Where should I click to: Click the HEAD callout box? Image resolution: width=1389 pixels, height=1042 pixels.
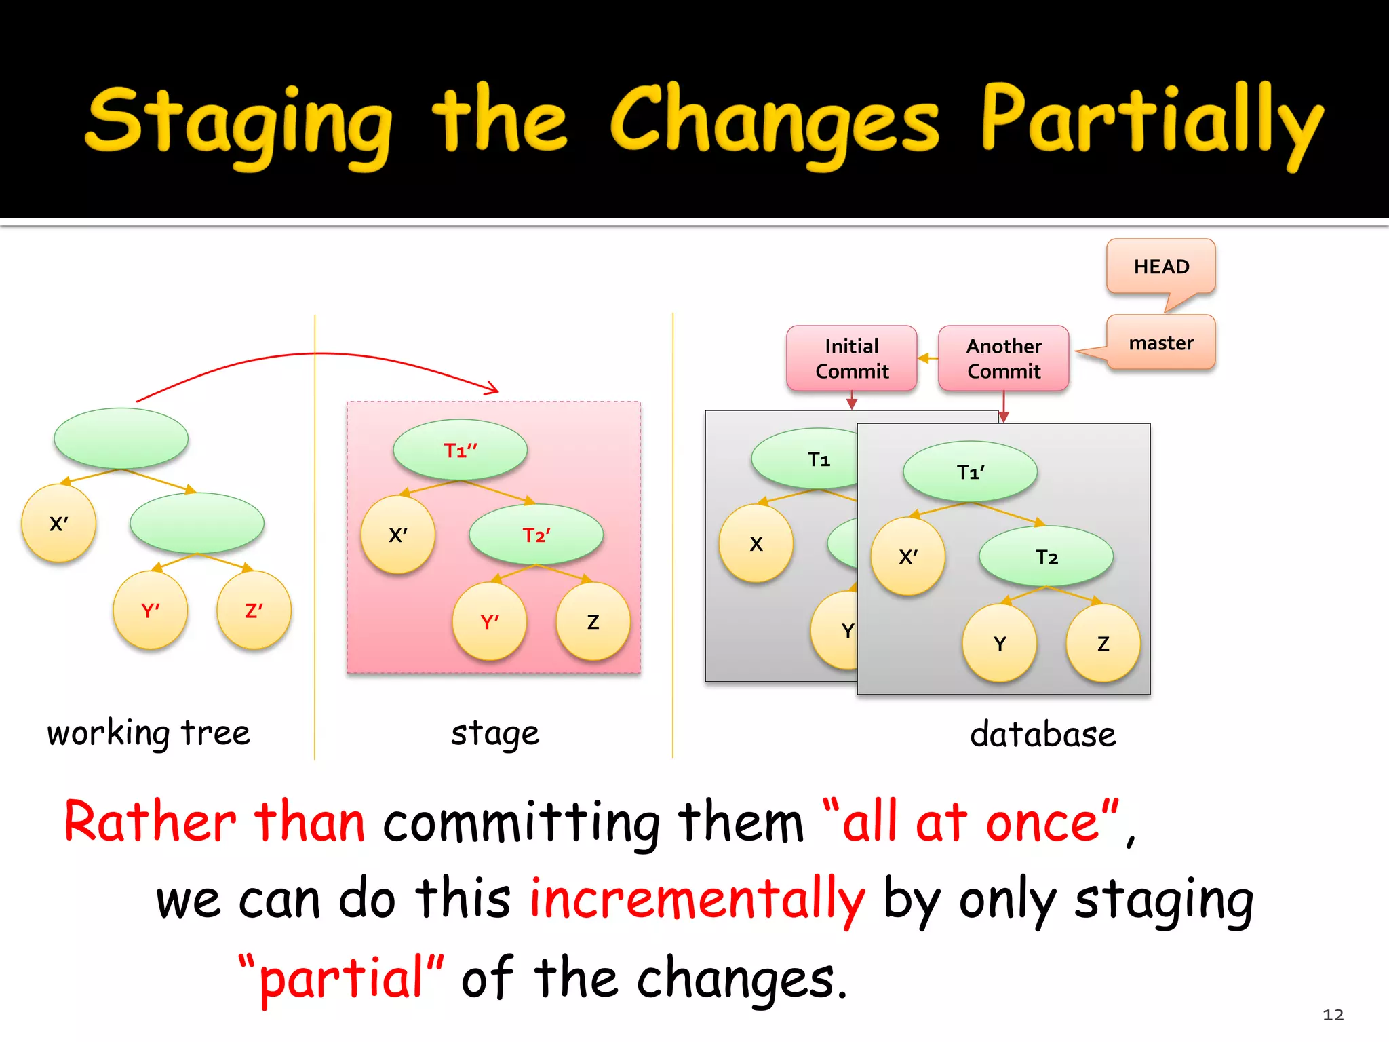pyautogui.click(x=1160, y=267)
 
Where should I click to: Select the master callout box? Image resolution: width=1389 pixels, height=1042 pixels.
pyautogui.click(x=1160, y=343)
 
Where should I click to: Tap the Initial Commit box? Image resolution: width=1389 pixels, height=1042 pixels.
pyautogui.click(x=852, y=359)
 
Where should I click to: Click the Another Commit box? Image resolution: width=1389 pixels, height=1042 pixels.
pyautogui.click(x=1004, y=359)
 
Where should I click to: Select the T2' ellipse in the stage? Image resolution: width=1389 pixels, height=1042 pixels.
pyautogui.click(x=536, y=535)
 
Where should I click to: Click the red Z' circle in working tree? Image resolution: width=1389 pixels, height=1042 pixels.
pyautogui.click(x=254, y=611)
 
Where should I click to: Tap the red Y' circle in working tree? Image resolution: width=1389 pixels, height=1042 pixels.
pyautogui.click(x=151, y=611)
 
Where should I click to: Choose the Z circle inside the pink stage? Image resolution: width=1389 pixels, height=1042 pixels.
pyautogui.click(x=593, y=622)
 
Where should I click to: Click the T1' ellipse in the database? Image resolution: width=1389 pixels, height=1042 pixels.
pyautogui.click(x=970, y=472)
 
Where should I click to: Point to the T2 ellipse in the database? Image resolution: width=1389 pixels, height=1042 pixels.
pyautogui.click(x=1046, y=557)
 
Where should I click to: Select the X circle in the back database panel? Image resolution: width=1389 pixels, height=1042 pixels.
pyautogui.click(x=756, y=544)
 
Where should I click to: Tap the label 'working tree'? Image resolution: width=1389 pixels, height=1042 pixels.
pyautogui.click(x=149, y=733)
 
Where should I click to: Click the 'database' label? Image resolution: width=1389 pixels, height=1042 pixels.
pyautogui.click(x=1042, y=735)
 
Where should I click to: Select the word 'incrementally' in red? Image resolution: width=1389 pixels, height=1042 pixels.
pyautogui.click(x=697, y=899)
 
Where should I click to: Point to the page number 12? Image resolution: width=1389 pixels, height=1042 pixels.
pyautogui.click(x=1333, y=1015)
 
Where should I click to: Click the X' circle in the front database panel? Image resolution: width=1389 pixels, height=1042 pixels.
pyautogui.click(x=907, y=557)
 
